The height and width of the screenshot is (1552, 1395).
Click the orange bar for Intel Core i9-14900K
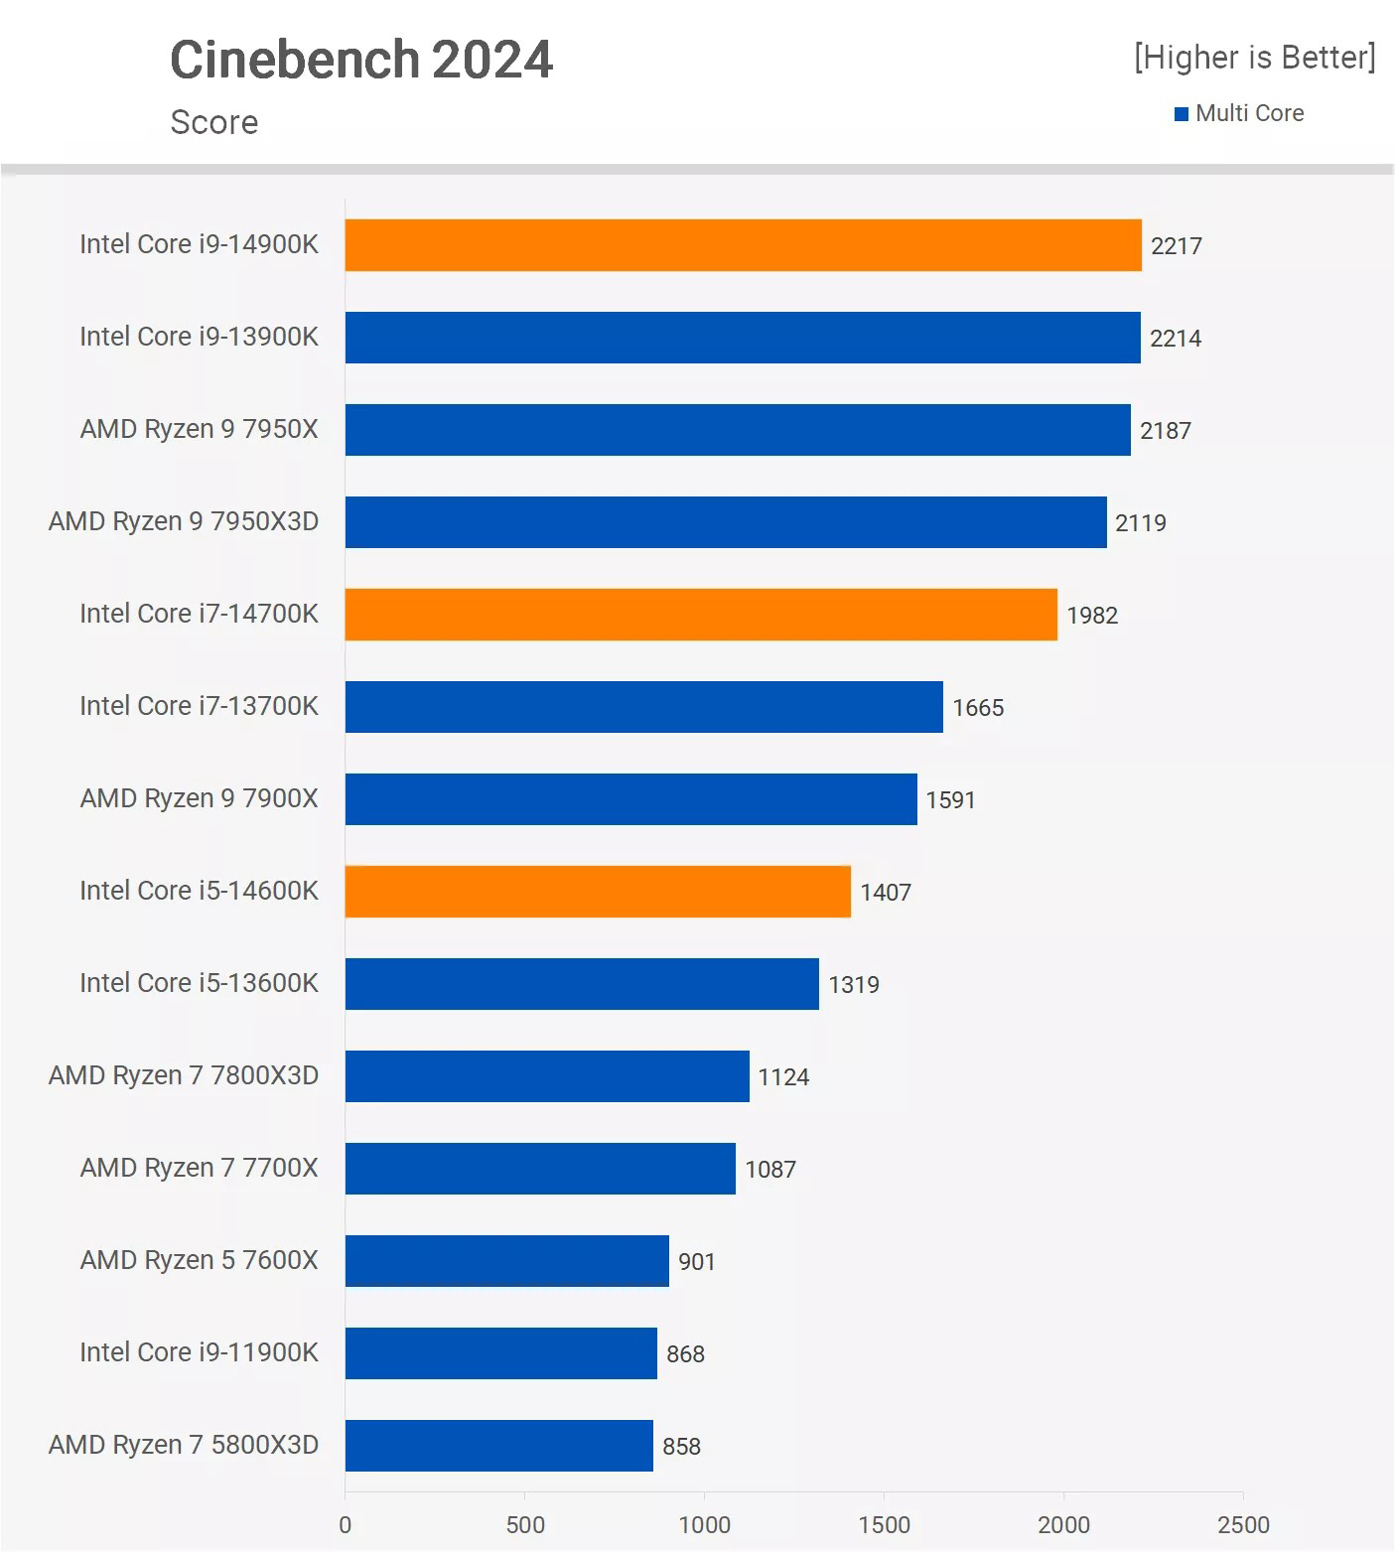743,245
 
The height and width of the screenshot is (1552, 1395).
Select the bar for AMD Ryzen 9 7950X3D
726,522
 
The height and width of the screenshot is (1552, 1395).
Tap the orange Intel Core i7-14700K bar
701,615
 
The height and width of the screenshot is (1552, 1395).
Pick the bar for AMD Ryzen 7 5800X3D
499,1446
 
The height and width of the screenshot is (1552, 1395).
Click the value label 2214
1176,339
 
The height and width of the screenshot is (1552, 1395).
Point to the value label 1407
886,893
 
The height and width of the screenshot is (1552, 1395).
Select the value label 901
697,1262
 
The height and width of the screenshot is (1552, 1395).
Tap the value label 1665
978,708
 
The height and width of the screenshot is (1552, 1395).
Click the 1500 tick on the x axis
884,1525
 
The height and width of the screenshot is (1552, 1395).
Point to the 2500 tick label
1243,1525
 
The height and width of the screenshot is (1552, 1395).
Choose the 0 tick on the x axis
346,1525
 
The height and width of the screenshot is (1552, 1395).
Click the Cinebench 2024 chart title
361,60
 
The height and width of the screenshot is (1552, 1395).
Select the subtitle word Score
214,122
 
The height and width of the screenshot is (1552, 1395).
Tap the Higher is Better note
1255,58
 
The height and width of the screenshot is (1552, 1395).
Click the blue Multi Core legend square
1182,114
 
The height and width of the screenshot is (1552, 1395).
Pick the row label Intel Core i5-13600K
199,983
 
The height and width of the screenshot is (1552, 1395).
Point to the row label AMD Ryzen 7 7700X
199,1168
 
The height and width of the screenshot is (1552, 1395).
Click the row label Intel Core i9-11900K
199,1352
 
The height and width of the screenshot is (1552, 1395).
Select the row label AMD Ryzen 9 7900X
199,798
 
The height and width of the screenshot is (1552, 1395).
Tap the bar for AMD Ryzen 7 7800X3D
547,1076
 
